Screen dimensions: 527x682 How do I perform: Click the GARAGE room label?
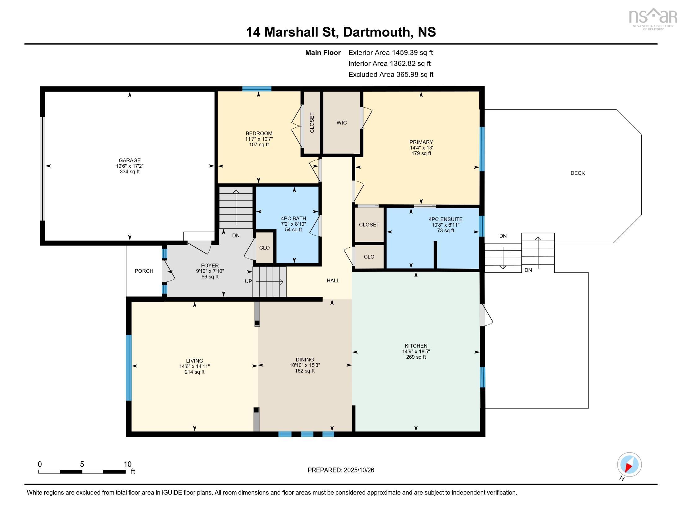coord(130,161)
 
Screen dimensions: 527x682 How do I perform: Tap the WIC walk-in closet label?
coord(341,123)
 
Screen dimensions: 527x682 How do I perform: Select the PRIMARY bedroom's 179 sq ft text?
coord(421,153)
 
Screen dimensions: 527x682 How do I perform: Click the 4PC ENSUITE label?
coord(445,219)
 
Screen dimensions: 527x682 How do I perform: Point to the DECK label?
coord(578,173)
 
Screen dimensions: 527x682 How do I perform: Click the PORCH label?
coord(144,271)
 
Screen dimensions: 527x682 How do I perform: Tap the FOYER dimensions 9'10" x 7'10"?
coord(210,271)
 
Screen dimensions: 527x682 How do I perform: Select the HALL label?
coord(333,280)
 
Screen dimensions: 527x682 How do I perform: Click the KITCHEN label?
coord(416,346)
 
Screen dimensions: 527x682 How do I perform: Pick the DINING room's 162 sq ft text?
coord(305,371)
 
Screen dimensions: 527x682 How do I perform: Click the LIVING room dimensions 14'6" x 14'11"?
coord(194,366)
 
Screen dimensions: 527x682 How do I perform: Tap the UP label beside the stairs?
coord(248,281)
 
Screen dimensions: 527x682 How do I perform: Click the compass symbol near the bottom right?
coord(629,464)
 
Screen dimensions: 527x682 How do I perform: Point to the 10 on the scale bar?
coord(127,464)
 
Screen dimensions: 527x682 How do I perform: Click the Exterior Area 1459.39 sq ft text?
coord(390,52)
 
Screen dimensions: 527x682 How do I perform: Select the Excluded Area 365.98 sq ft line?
coord(391,74)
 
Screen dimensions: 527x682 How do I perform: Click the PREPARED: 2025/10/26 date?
coord(341,470)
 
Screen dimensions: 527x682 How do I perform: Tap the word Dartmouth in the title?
coord(376,32)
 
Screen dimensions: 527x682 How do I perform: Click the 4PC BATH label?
coord(293,219)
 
